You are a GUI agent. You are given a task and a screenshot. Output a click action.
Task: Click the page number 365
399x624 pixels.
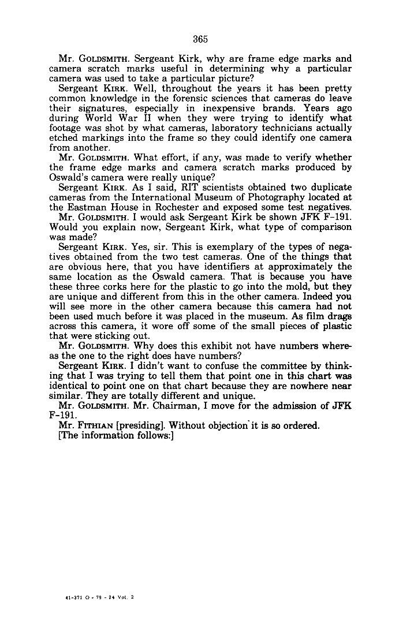click(200, 39)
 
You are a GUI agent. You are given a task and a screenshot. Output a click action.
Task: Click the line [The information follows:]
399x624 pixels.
click(116, 436)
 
